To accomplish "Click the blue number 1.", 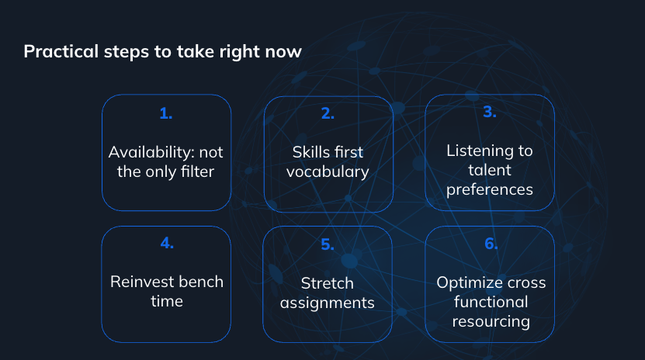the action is tap(166, 113).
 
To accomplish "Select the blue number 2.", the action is tap(328, 113).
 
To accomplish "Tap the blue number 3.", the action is tap(490, 112).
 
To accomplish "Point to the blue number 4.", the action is tap(167, 243).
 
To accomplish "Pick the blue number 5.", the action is tap(328, 244).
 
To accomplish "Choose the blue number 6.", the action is tap(491, 244).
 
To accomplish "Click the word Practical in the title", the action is tap(61, 52).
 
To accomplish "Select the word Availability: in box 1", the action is tap(151, 153).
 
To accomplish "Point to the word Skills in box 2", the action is tap(307, 152).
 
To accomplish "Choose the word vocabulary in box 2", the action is tap(328, 172).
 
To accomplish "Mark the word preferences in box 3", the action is tap(490, 190).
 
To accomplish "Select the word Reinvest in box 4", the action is tap(137, 282).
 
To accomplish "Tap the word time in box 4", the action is tap(167, 301).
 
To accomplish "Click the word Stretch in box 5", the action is tap(328, 283).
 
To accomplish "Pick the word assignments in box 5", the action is tap(328, 303).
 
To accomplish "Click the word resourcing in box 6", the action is tap(491, 322).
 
